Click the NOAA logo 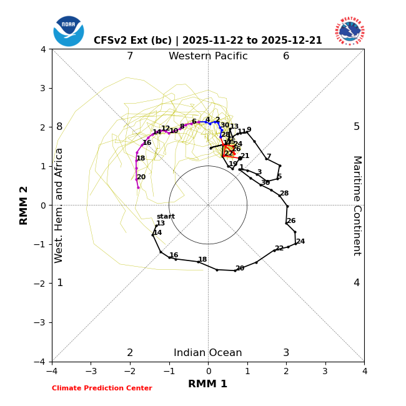coord(68,31)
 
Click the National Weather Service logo coord(349,31)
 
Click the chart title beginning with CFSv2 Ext coord(208,41)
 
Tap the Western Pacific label coord(208,56)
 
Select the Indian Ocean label coord(208,353)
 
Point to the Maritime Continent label coord(357,205)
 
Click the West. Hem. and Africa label coord(59,205)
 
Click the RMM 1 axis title coord(208,384)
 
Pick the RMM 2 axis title coord(24,205)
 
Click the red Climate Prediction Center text coord(102,389)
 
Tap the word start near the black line coord(166,217)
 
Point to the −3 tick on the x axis coord(91,371)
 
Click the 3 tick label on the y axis coord(42,88)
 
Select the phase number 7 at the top coord(130,56)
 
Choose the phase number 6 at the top coord(286,56)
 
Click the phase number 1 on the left coord(60,283)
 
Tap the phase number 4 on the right coord(357,283)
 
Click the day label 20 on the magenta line coord(141,177)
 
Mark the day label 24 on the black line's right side coord(300,242)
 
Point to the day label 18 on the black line coord(202,260)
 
